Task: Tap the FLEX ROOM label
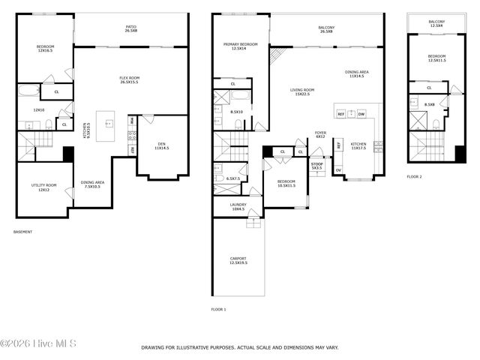click(130, 80)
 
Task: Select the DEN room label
click(162, 146)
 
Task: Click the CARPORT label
click(238, 261)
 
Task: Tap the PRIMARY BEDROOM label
click(240, 46)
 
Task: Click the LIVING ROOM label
click(302, 91)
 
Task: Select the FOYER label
click(320, 134)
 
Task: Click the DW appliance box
click(361, 114)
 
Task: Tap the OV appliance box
click(337, 170)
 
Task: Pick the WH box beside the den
click(132, 120)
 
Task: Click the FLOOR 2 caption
click(415, 176)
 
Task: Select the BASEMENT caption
click(23, 232)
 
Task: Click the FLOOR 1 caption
click(218, 309)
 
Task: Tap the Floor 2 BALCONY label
click(436, 23)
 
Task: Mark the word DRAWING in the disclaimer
click(155, 348)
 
